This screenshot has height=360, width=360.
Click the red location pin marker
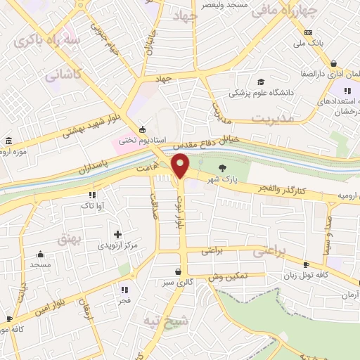[x=181, y=166]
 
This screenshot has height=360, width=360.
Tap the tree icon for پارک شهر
[x=223, y=167]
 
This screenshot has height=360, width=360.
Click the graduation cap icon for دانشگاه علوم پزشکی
[x=261, y=82]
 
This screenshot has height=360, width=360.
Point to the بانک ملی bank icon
[x=308, y=32]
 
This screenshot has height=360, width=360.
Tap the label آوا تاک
[x=91, y=205]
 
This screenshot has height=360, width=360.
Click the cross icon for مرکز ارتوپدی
[x=117, y=233]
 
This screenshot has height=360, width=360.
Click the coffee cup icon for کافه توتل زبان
[x=305, y=264]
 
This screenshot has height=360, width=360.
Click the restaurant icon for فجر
[x=124, y=289]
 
